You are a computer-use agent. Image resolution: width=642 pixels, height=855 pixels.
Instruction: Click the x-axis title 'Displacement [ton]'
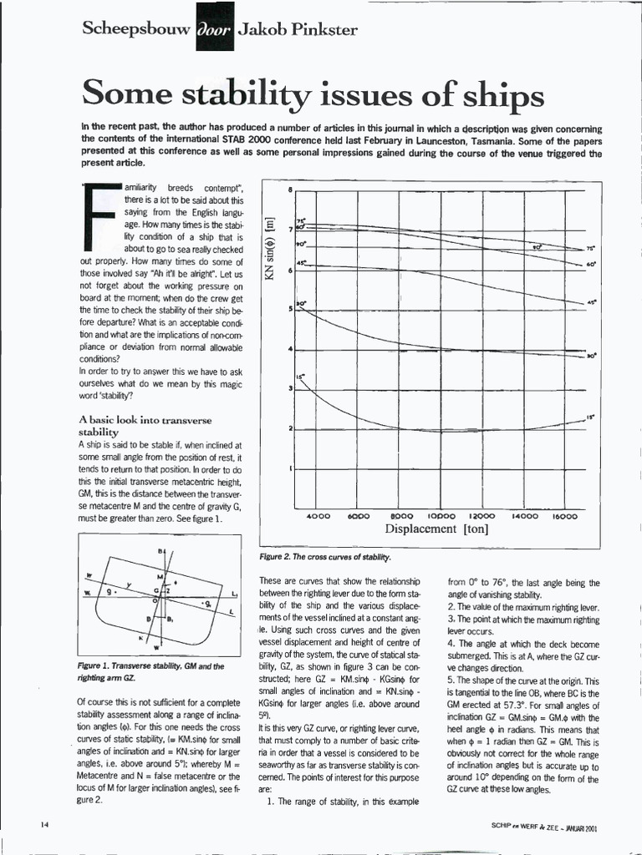click(x=436, y=529)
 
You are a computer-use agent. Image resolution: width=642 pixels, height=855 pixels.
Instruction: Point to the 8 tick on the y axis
click(x=289, y=190)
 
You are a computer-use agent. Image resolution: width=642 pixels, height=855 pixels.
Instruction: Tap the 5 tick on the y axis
click(x=289, y=309)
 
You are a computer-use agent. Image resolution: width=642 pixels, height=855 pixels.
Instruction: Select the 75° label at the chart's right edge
click(x=590, y=248)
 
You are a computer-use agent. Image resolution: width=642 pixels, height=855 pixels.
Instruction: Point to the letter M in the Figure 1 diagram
click(x=159, y=577)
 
